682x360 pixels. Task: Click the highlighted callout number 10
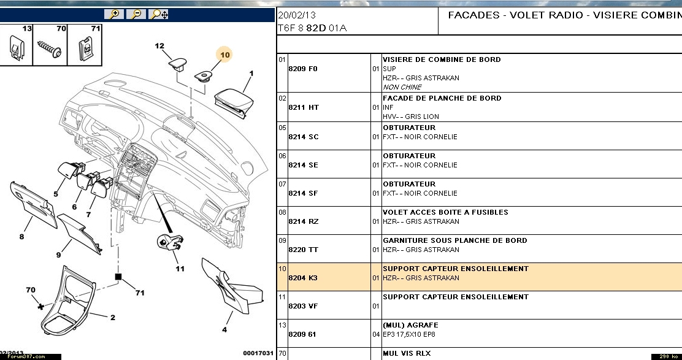click(225, 55)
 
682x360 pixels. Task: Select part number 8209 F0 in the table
click(303, 69)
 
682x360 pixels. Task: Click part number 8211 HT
click(304, 107)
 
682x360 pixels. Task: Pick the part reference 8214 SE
click(304, 165)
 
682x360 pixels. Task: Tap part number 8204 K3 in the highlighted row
click(304, 278)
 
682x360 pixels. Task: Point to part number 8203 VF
click(304, 306)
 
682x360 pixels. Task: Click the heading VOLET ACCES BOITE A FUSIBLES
click(445, 212)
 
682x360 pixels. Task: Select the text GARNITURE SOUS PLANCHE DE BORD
click(454, 240)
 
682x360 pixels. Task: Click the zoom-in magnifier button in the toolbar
click(114, 13)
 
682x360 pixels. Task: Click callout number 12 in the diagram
click(159, 46)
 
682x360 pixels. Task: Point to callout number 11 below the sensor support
click(180, 269)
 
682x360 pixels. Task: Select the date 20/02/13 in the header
click(297, 15)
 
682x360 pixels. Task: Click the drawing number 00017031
click(258, 353)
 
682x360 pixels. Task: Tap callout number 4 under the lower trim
click(224, 330)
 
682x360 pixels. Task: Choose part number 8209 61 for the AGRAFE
click(304, 334)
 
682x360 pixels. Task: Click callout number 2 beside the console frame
click(113, 317)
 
